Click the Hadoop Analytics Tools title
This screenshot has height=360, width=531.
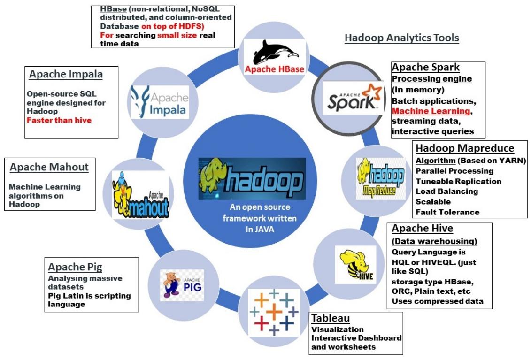tap(401, 38)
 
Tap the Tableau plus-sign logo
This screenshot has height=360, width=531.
tap(274, 311)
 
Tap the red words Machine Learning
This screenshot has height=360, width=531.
tap(431, 111)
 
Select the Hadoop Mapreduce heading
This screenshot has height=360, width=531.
tap(464, 148)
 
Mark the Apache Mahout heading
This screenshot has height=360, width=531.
tap(49, 167)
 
